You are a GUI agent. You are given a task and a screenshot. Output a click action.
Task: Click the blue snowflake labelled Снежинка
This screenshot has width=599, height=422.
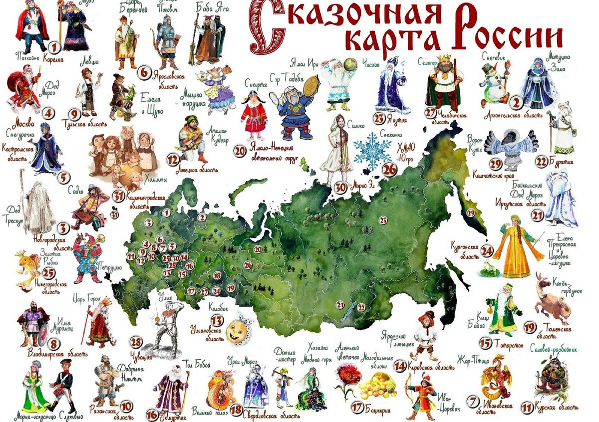372,150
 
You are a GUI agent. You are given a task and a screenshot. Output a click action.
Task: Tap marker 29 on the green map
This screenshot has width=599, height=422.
470,212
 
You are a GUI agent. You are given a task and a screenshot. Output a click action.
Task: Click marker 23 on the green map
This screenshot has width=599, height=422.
383,219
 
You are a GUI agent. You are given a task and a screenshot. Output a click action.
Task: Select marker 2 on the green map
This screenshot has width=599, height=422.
201,217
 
